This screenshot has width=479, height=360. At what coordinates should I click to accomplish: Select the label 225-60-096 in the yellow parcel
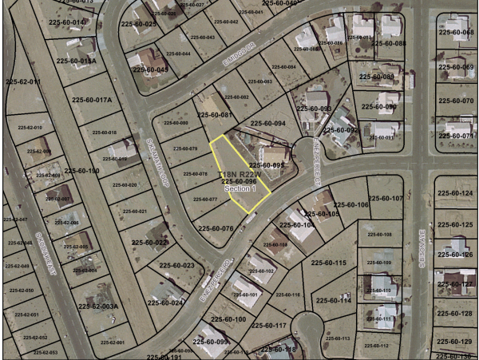[239, 181]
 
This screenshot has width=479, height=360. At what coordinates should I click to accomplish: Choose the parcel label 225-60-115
[327, 263]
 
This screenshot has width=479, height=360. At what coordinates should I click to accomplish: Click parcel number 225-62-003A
[98, 306]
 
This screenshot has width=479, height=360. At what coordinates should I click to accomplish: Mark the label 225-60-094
[268, 124]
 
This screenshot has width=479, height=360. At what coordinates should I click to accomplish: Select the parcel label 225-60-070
[457, 101]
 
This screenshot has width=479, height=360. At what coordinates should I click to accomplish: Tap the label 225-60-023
[177, 265]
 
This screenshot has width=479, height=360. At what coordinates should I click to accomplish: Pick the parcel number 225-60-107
[386, 198]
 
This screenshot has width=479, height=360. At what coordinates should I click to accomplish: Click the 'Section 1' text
[239, 190]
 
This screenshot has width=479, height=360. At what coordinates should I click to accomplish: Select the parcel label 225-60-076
[216, 228]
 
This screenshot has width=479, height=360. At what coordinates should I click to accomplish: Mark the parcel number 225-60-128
[456, 314]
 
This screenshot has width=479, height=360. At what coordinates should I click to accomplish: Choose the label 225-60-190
[81, 171]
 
